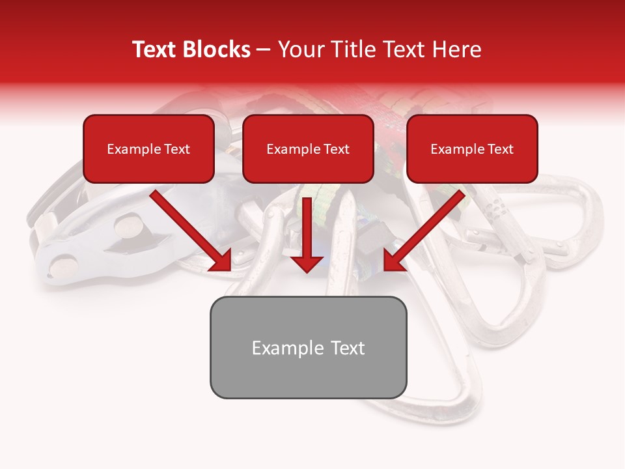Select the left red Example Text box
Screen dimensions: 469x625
tap(148, 149)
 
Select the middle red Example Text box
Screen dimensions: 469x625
tap(308, 149)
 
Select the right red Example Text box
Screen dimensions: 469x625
tap(472, 149)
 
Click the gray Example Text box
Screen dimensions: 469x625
tap(308, 348)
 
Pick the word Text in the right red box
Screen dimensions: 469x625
tap(500, 149)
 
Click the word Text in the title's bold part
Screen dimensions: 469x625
tap(155, 50)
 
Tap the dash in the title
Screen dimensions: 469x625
tap(264, 50)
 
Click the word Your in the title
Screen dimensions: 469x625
tap(301, 50)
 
